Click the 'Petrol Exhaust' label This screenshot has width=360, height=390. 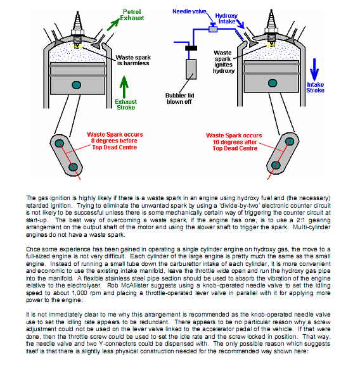132,15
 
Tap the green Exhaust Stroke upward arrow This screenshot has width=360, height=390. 124,87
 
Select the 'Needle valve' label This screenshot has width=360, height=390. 190,11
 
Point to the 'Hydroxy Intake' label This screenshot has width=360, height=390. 226,18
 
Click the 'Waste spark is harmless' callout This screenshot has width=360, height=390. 133,60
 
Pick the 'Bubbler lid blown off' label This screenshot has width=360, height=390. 179,99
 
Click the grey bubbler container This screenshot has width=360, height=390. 191,69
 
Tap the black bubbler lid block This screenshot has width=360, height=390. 191,48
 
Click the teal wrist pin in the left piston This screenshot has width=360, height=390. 76,85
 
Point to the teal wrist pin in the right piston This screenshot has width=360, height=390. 273,83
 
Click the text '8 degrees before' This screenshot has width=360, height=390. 114,141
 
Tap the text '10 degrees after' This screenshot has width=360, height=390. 235,142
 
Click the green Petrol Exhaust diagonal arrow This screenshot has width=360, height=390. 113,25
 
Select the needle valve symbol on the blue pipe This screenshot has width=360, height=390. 213,28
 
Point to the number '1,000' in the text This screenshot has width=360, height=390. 80,293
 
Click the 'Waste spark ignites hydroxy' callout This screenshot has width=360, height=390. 224,62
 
